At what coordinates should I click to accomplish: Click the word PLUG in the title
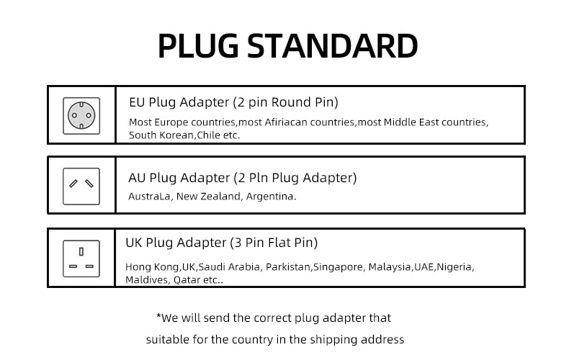click(198, 46)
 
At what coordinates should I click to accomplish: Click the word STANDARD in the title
click(333, 46)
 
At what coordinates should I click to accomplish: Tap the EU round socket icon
click(81, 116)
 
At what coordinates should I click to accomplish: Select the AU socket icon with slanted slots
click(81, 186)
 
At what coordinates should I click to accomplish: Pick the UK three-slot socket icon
click(81, 258)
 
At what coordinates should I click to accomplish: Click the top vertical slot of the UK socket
click(81, 251)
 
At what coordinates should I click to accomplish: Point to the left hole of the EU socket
click(74, 116)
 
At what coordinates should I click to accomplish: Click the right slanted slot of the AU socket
click(89, 184)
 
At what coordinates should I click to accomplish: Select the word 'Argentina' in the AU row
click(271, 197)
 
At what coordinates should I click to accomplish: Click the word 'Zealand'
click(222, 197)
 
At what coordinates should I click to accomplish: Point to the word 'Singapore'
click(339, 267)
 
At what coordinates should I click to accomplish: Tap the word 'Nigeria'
click(455, 267)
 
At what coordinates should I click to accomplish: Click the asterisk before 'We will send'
click(158, 316)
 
